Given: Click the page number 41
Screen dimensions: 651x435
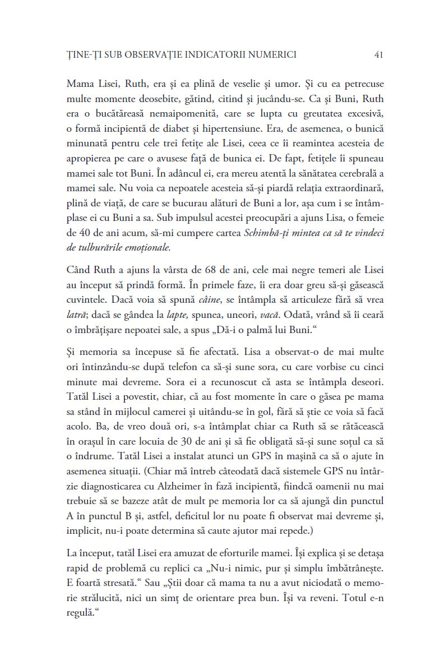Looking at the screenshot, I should click(x=378, y=54).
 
